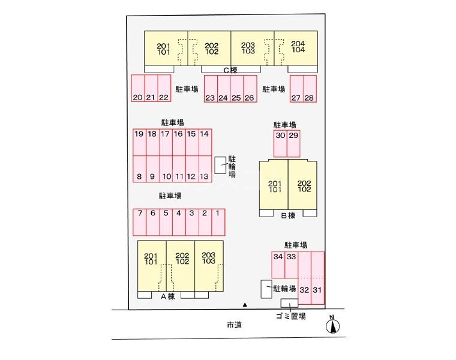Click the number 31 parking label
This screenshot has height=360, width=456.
click(x=318, y=290)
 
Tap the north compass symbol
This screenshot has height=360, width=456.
click(x=331, y=325)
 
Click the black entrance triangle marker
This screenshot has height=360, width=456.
click(x=244, y=305)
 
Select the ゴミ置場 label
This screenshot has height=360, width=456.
click(x=291, y=316)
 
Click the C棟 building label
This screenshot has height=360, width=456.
click(x=230, y=70)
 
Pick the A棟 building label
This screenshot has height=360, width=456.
click(x=167, y=296)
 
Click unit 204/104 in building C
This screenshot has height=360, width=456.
click(x=298, y=47)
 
